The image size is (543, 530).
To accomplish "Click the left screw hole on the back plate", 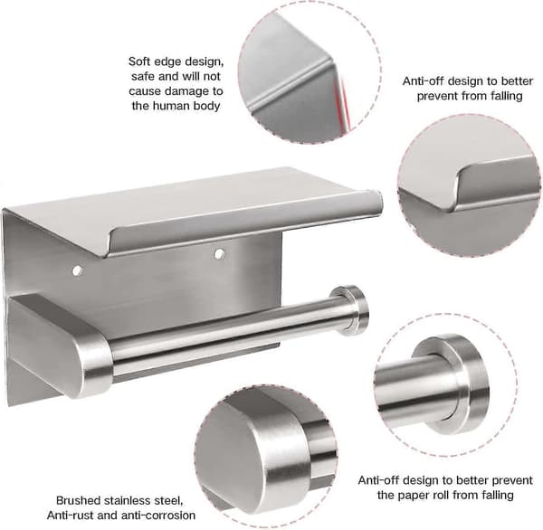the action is (78, 271).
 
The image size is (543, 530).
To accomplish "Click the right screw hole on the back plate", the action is (219, 254).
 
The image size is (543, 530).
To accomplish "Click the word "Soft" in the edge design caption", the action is (140, 62).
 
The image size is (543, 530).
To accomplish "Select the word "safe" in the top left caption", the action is (144, 77).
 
